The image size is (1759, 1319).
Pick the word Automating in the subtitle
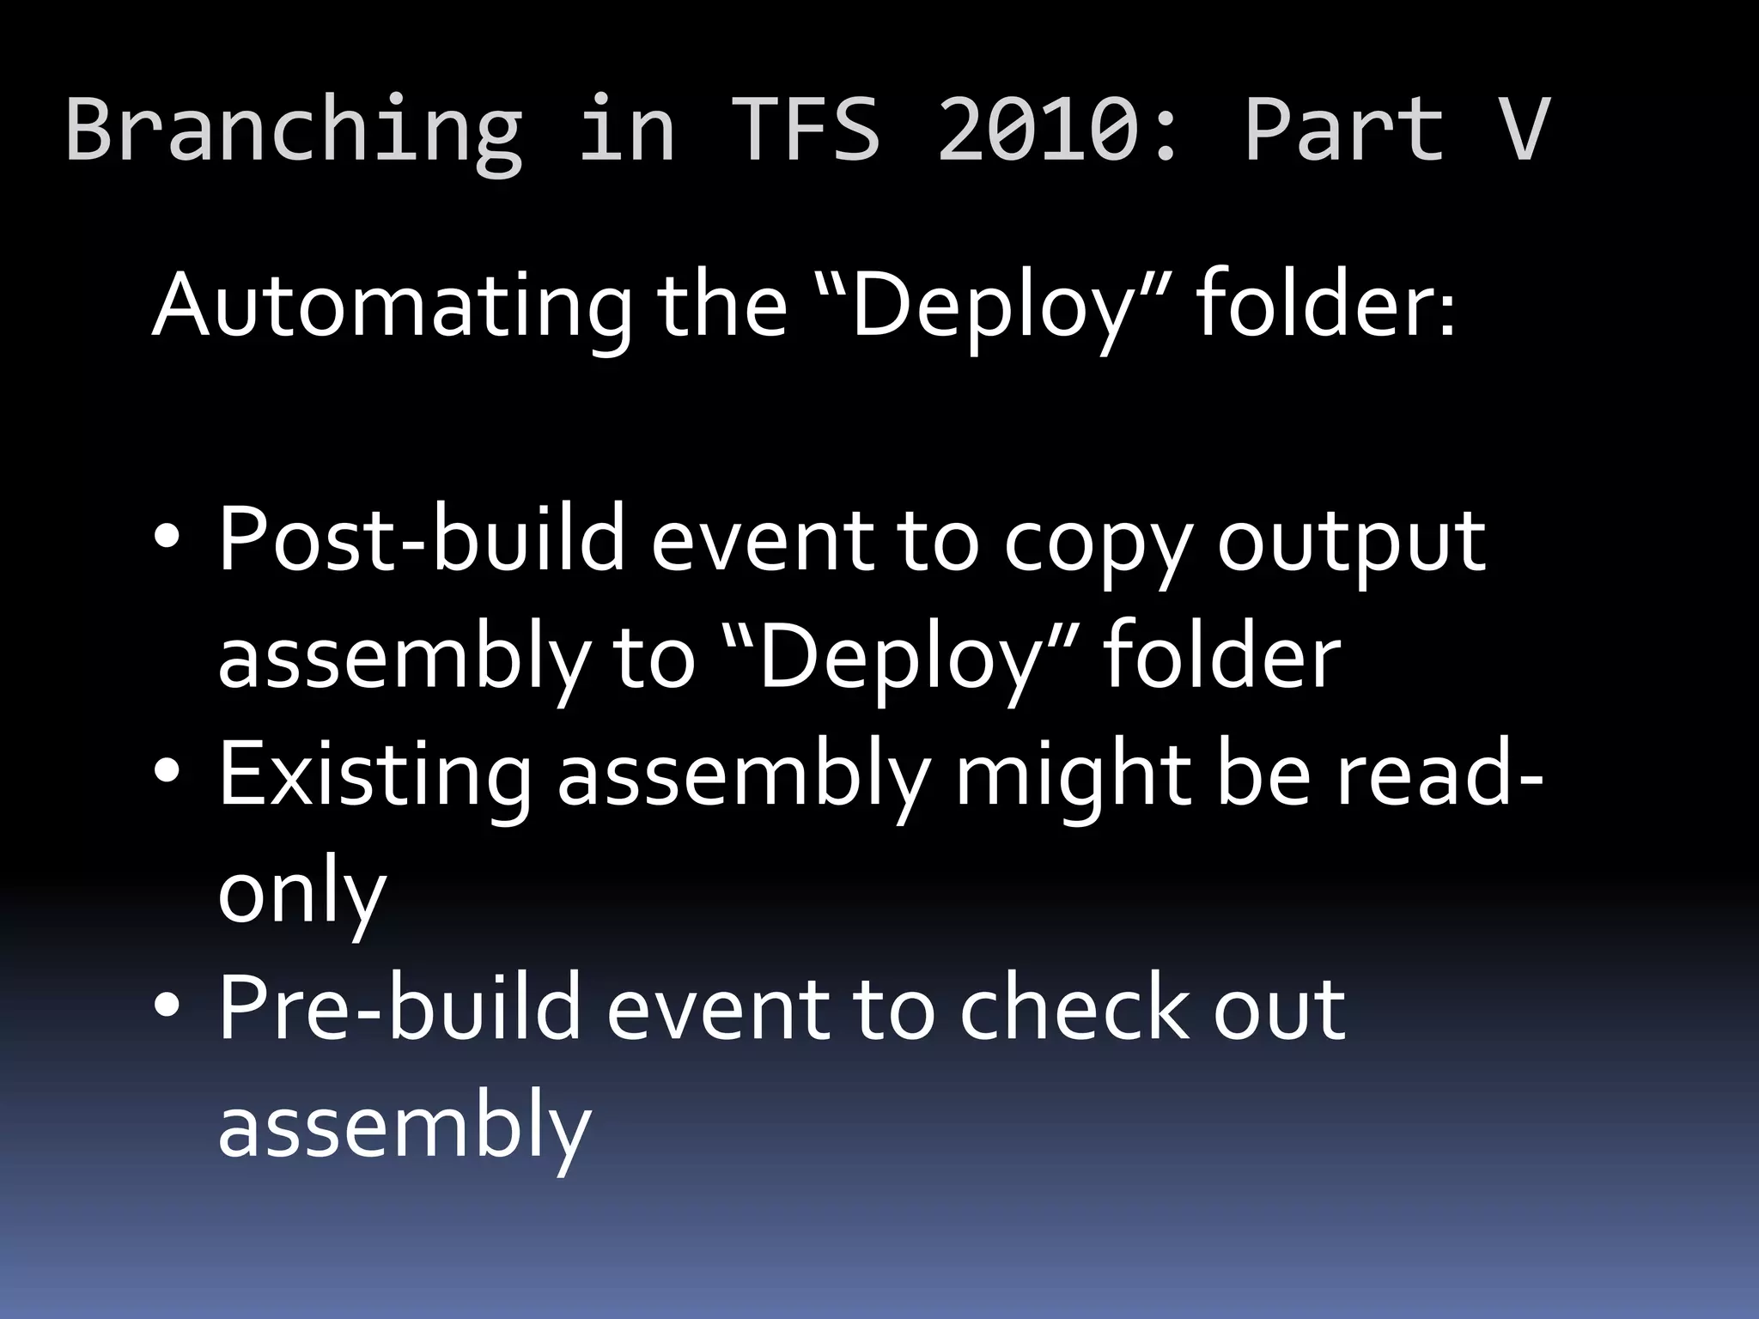point(391,306)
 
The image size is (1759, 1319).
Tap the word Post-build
point(421,539)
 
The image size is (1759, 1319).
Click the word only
point(301,894)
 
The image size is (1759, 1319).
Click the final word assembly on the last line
point(405,1126)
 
